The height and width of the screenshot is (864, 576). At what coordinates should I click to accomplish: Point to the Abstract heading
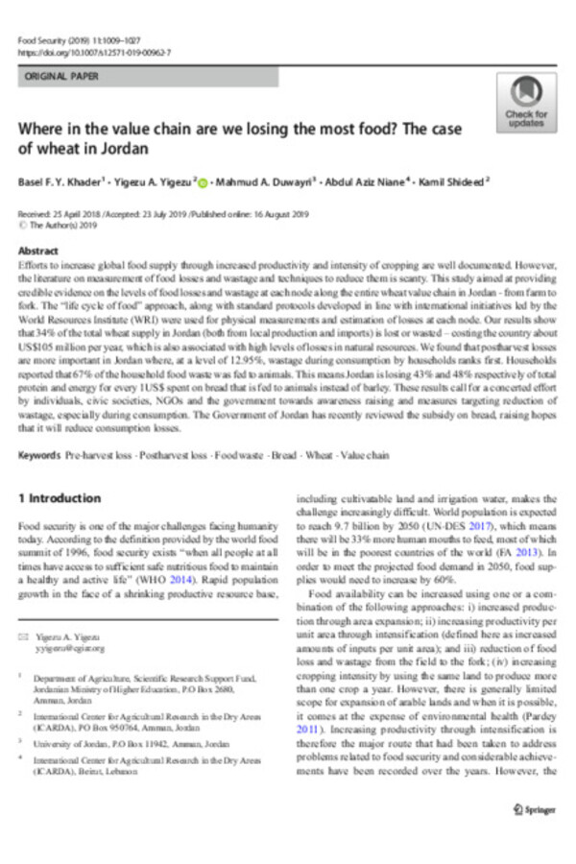click(38, 248)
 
